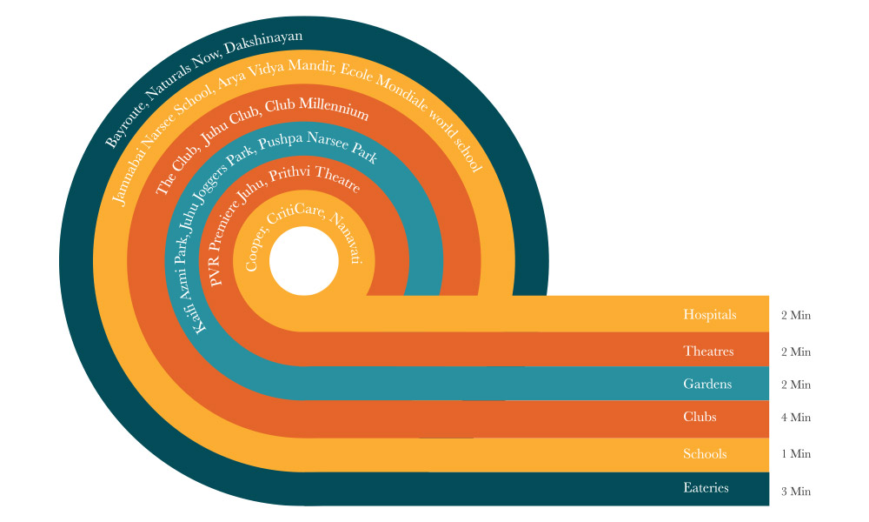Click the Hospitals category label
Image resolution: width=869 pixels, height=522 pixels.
pos(709,315)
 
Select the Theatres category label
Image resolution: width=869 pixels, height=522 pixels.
pos(708,351)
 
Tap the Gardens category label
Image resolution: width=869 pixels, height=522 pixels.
pos(707,384)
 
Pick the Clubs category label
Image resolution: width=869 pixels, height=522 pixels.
pos(700,418)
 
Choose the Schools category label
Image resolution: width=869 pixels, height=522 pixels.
pos(705,454)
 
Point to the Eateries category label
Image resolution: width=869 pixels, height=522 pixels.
pos(706,488)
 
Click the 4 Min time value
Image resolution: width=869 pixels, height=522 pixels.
pos(796,418)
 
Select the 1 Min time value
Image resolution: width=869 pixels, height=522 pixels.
pos(796,454)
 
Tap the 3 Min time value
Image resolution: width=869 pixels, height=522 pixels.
pos(796,492)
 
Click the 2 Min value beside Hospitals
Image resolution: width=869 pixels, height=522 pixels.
pos(796,315)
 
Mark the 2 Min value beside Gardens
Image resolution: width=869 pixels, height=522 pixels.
pos(796,385)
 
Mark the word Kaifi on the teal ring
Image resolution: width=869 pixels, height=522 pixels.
pos(198,316)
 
